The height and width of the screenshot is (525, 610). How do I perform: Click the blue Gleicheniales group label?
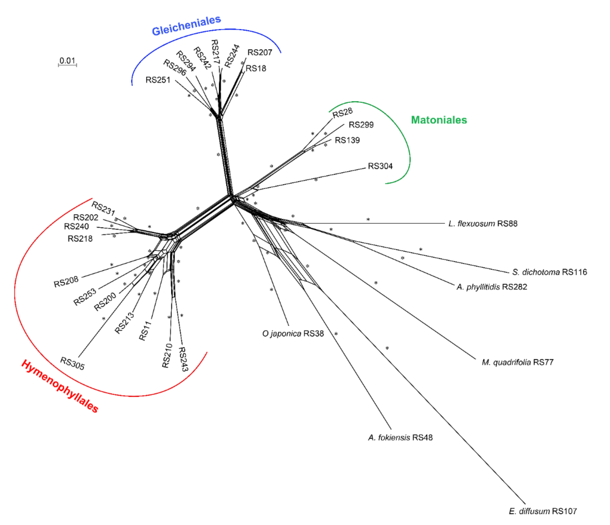186,25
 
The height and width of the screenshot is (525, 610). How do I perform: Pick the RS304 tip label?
380,166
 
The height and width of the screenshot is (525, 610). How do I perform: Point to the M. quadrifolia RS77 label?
518,362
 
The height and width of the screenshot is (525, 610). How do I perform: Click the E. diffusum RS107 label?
543,511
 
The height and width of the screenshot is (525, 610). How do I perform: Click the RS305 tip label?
72,364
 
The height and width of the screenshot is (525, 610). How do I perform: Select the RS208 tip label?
66,282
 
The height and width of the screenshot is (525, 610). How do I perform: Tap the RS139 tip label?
347,140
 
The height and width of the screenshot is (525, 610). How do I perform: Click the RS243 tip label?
183,359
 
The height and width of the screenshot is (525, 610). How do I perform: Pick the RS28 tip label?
342,113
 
